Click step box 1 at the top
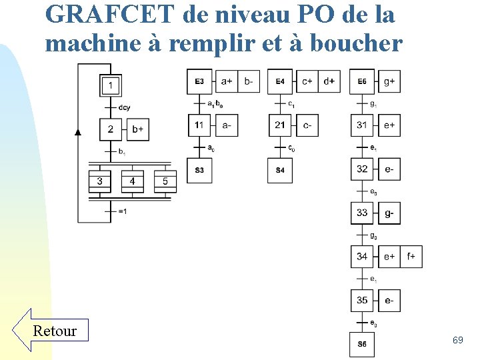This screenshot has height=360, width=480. click(x=111, y=85)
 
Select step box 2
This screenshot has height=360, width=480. click(x=111, y=129)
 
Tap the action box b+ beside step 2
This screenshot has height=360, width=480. click(x=137, y=129)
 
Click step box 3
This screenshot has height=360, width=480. click(x=100, y=181)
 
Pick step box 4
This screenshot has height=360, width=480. click(x=133, y=181)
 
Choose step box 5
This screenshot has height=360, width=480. click(x=165, y=181)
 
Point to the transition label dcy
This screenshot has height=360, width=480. click(x=125, y=107)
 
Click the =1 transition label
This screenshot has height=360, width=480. click(x=123, y=211)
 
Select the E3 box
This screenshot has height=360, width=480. click(x=199, y=81)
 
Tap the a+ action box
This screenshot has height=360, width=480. click(x=227, y=81)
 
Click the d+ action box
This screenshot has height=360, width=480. click(x=329, y=81)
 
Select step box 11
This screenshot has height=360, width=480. click(x=199, y=125)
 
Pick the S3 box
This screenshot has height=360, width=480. click(x=199, y=171)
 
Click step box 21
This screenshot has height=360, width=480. click(x=280, y=125)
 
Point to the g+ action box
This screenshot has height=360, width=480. click(x=389, y=81)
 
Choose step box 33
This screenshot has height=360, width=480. click(x=362, y=213)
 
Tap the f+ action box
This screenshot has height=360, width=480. click(x=411, y=257)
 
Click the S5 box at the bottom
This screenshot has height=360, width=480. click(x=362, y=344)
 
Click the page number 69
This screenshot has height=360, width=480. click(x=457, y=341)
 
